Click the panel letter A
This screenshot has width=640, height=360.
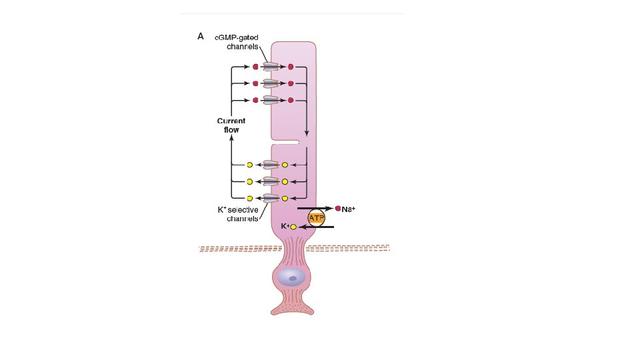[201, 37]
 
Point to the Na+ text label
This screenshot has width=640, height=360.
[349, 209]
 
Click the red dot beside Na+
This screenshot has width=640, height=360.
[338, 209]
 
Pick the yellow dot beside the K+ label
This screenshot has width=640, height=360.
[293, 227]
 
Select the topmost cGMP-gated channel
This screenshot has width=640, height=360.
[271, 67]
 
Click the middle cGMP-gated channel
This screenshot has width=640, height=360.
[271, 83]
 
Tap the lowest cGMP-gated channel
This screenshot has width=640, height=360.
[271, 100]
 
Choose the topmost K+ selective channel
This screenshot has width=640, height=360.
[271, 164]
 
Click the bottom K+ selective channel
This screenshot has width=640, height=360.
[271, 198]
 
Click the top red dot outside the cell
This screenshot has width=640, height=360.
[255, 67]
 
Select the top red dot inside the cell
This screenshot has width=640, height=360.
[290, 67]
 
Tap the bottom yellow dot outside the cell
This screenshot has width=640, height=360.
[250, 198]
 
